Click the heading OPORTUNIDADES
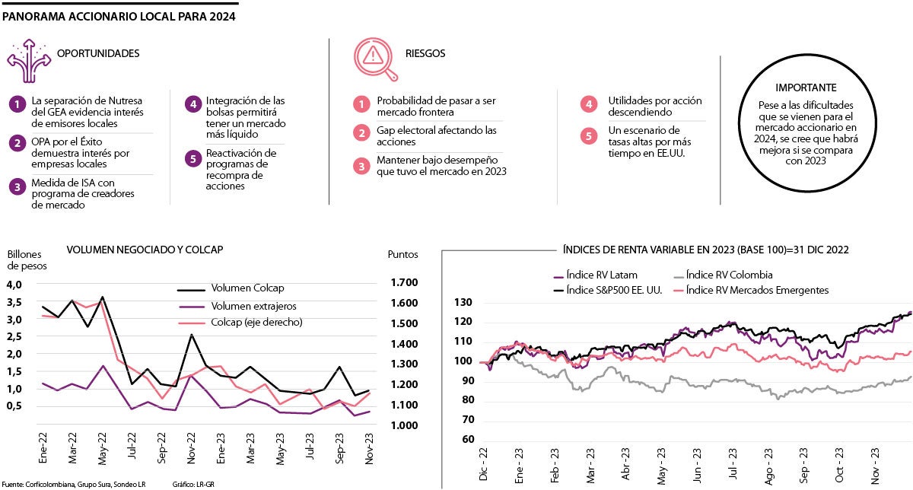click(98, 54)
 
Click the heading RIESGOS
click(426, 54)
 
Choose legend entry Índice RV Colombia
click(729, 275)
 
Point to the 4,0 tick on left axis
click(15, 284)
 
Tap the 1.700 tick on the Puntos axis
click(403, 283)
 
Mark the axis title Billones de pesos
click(27, 259)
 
